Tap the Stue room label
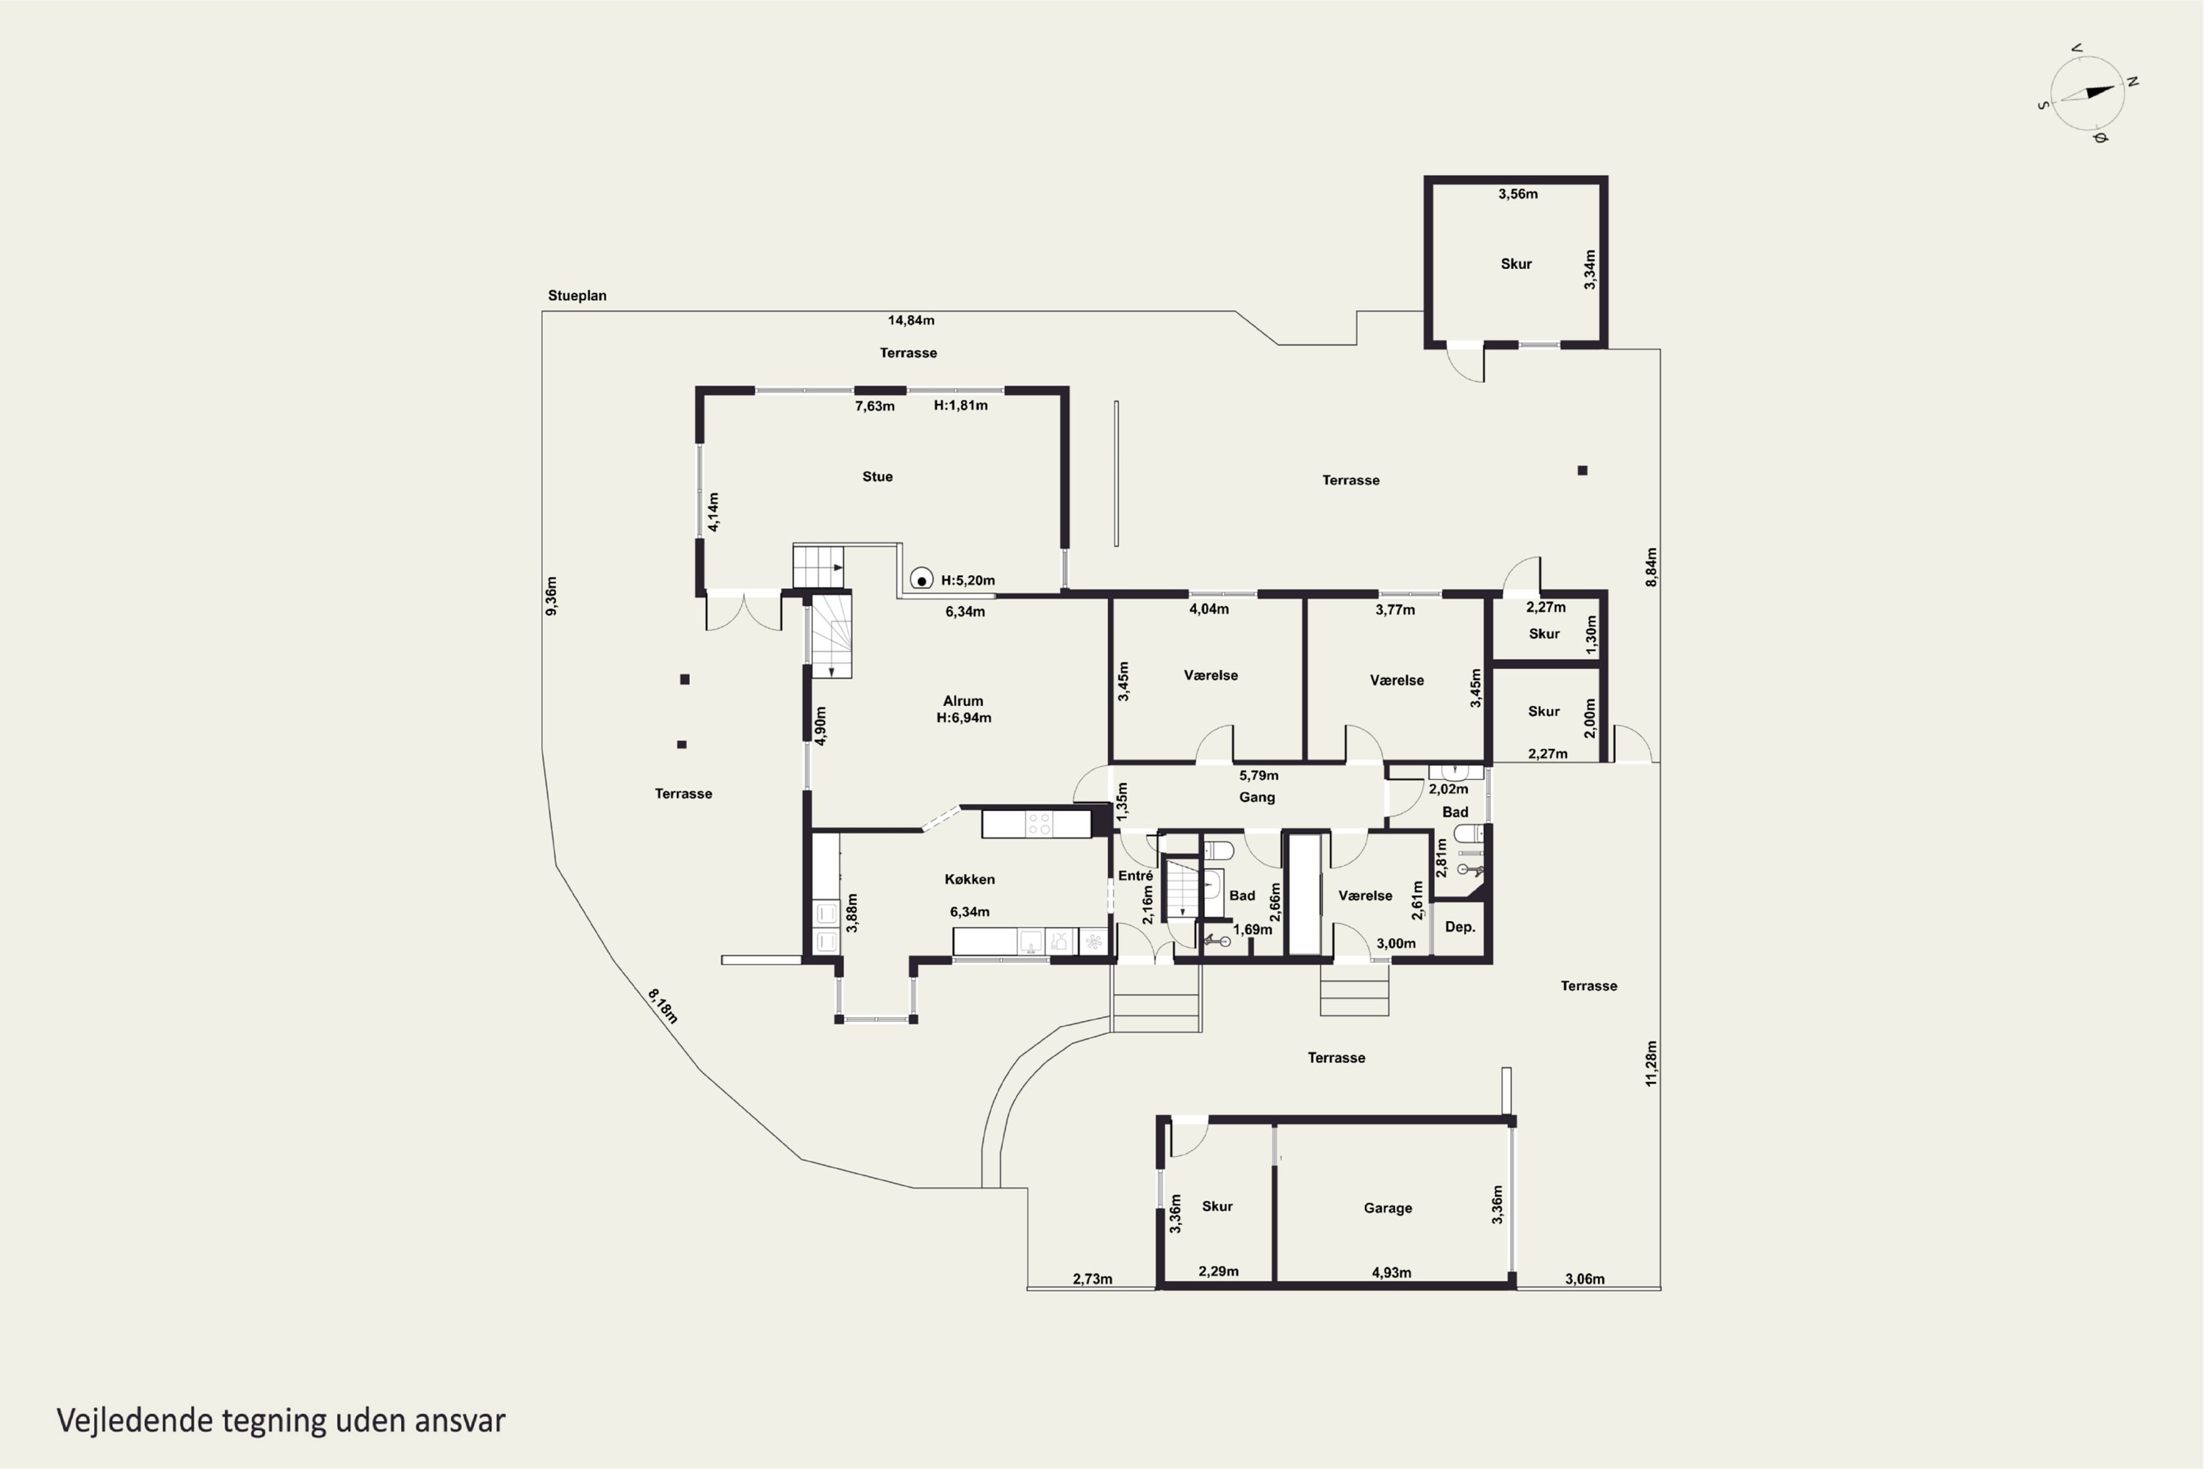click(x=877, y=476)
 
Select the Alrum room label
click(x=963, y=701)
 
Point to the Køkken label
click(x=970, y=878)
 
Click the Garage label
click(x=1388, y=1208)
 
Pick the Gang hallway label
click(x=1256, y=797)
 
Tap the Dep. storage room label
click(x=1460, y=926)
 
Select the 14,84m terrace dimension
click(x=911, y=320)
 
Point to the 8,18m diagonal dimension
click(x=663, y=1006)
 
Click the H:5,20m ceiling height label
click(x=968, y=580)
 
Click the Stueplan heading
click(x=577, y=295)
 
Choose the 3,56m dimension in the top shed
click(x=1518, y=194)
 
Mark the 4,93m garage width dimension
click(x=1391, y=1272)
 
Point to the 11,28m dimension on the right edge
click(x=1651, y=1064)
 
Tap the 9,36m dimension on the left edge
click(x=552, y=596)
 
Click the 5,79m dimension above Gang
click(x=1258, y=776)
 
